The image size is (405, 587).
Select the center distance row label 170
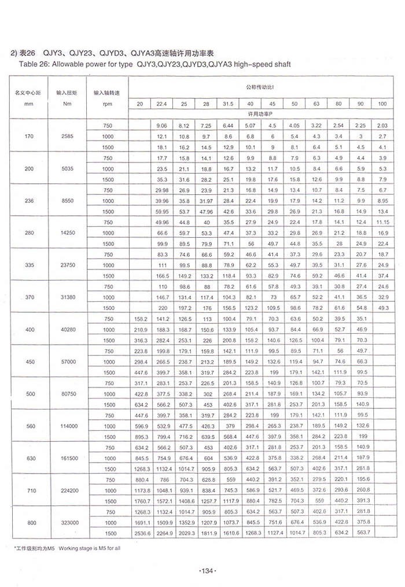point(28,136)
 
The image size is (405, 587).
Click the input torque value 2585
point(66,136)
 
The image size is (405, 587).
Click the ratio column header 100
point(382,104)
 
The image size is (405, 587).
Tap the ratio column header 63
point(316,104)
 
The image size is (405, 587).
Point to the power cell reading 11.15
point(382,223)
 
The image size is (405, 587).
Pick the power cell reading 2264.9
point(161,533)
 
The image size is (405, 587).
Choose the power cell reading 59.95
point(161,212)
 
